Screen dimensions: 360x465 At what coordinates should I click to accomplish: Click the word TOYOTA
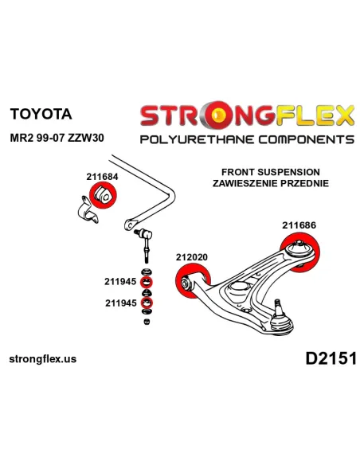click(x=41, y=114)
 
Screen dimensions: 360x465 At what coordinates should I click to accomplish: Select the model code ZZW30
click(x=86, y=138)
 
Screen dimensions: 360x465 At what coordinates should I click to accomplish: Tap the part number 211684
click(x=102, y=177)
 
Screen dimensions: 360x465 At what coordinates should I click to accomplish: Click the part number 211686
click(x=299, y=225)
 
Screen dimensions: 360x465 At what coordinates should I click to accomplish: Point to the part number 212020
click(x=192, y=257)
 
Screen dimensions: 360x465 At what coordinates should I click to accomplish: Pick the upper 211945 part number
click(x=120, y=281)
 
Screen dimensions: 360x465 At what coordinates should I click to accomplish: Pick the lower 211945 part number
click(x=121, y=303)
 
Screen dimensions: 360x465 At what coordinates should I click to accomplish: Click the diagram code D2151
click(x=331, y=358)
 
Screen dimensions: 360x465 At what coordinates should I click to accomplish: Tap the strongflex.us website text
click(x=43, y=359)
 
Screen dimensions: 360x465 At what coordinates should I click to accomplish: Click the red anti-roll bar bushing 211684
click(x=104, y=195)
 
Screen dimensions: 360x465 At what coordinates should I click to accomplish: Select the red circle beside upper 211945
click(x=147, y=282)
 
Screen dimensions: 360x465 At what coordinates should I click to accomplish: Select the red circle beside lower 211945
click(x=147, y=303)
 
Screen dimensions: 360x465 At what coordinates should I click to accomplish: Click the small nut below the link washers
click(x=147, y=321)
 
